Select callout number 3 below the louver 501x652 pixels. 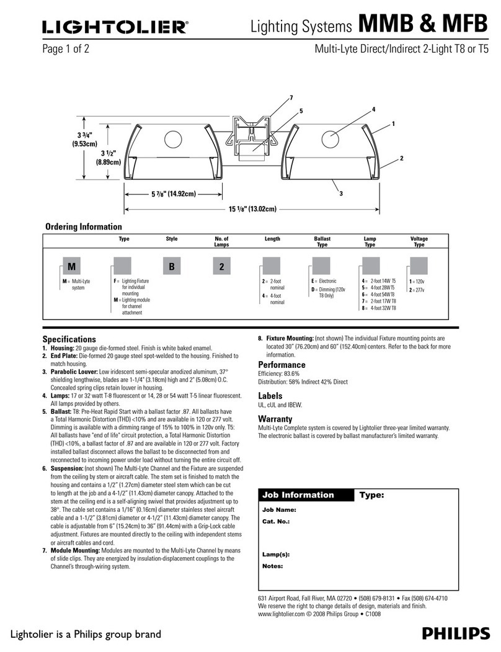click(339, 194)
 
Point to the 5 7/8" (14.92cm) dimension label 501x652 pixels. click(174, 194)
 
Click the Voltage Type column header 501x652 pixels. click(419, 242)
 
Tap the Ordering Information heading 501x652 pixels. click(84, 227)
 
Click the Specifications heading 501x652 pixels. click(69, 339)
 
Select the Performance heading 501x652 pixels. click(282, 365)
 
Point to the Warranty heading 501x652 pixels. click(275, 419)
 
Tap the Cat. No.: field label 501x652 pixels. click(276, 522)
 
